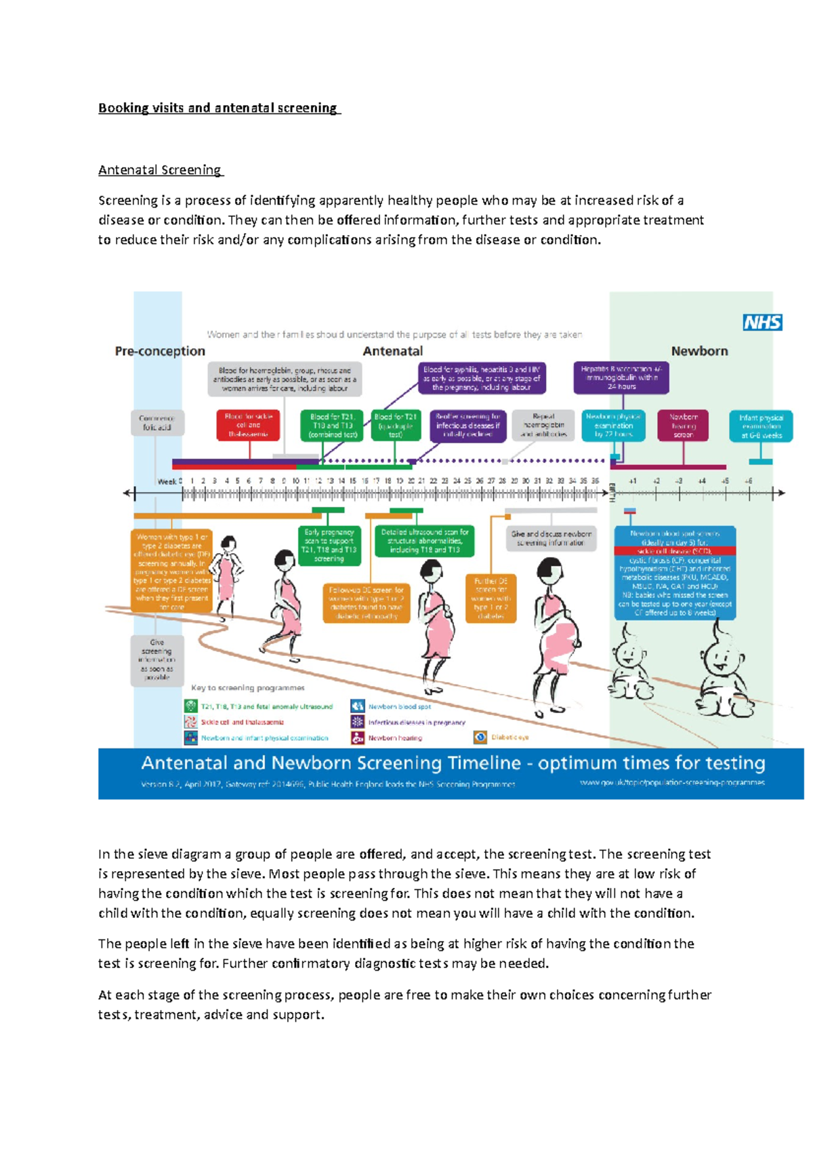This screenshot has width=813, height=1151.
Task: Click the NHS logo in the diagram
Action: click(763, 323)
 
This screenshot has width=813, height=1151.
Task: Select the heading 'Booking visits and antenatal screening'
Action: click(219, 108)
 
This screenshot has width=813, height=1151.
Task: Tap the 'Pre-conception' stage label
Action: click(160, 351)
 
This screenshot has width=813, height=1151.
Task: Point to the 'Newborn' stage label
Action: click(699, 351)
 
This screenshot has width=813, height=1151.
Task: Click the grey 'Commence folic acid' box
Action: click(157, 423)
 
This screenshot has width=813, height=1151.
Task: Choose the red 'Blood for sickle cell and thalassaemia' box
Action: click(248, 425)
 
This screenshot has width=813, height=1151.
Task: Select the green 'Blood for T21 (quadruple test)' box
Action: click(396, 425)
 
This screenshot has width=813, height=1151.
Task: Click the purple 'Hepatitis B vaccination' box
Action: click(621, 378)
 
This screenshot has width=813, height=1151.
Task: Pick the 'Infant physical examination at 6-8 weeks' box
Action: click(761, 426)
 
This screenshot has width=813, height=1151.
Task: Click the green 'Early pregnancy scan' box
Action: click(329, 545)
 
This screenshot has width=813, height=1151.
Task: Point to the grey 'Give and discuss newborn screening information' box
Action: click(551, 538)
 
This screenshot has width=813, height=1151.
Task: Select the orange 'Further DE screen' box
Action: click(491, 599)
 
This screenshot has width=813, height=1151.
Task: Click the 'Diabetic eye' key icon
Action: click(480, 737)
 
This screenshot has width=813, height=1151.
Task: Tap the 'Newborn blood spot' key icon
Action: click(358, 706)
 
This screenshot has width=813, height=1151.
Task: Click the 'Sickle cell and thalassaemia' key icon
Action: click(190, 722)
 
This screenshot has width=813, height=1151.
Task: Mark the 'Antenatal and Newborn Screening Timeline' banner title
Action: click(453, 763)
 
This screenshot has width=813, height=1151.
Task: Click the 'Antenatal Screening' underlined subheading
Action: click(160, 170)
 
